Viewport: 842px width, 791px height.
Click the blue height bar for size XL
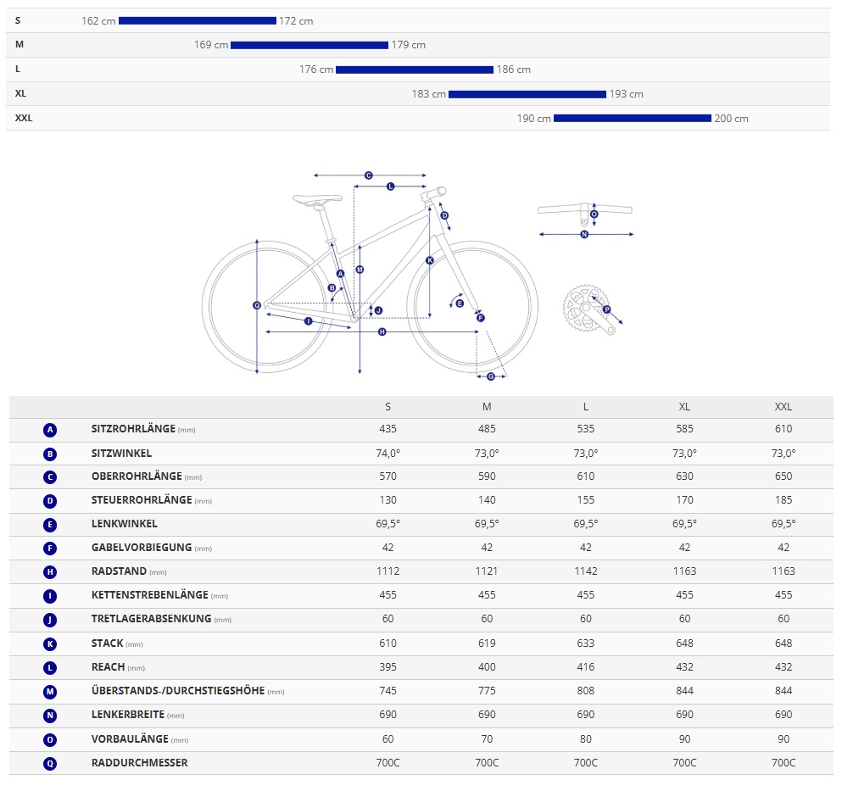click(527, 94)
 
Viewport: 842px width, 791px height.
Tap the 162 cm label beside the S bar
click(98, 21)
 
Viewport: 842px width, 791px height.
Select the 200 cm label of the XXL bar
click(731, 119)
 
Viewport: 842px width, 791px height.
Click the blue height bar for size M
click(309, 45)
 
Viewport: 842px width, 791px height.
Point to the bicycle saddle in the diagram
click(317, 199)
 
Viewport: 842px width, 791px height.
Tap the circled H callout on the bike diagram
click(382, 331)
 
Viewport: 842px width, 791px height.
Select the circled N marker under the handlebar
click(584, 234)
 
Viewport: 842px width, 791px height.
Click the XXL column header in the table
click(783, 406)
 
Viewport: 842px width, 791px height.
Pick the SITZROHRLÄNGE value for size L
click(585, 429)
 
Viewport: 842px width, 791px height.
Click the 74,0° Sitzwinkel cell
click(388, 453)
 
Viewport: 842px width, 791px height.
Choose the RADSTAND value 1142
click(585, 571)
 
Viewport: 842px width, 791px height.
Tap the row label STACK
click(108, 643)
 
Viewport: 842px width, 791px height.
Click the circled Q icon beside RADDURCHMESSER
click(50, 763)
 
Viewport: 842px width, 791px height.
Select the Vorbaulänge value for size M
click(487, 739)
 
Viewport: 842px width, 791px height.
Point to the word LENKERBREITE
click(127, 716)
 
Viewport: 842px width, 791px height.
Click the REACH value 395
click(388, 667)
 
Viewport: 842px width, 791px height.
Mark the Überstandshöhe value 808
click(585, 692)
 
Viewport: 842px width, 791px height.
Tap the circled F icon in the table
click(50, 548)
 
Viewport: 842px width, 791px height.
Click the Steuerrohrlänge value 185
click(783, 500)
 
